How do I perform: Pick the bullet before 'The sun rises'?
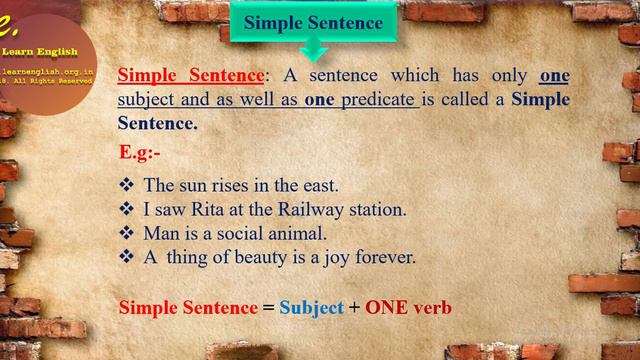(127, 185)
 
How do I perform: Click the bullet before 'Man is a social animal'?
(127, 233)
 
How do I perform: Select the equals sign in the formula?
(268, 308)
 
